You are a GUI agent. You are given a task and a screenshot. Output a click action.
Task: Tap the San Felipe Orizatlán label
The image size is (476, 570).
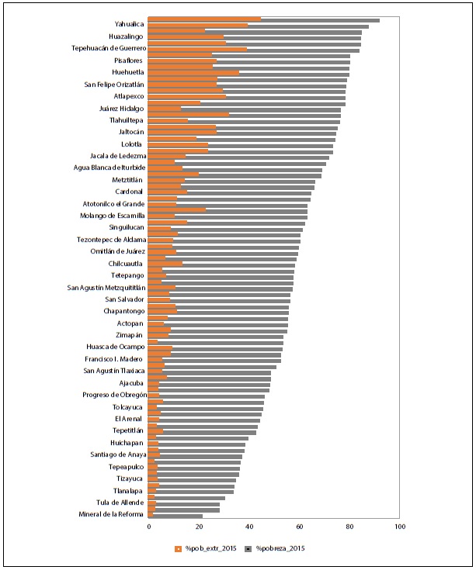click(114, 84)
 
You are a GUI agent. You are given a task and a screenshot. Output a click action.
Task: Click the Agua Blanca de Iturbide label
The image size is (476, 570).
click(109, 168)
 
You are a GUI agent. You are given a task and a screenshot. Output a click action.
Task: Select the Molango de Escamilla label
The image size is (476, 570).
click(113, 215)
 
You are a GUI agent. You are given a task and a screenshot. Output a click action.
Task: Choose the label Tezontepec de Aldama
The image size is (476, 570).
click(112, 240)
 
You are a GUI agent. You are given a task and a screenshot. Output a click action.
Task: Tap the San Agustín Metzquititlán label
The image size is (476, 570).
click(106, 287)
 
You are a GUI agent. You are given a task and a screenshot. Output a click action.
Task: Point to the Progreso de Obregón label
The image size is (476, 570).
click(114, 395)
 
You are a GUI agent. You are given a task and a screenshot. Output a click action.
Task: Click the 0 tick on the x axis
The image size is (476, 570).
click(148, 527)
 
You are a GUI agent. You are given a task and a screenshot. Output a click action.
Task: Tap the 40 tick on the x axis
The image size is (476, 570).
click(249, 527)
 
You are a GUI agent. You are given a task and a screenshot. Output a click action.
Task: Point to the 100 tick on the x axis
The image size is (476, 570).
click(400, 527)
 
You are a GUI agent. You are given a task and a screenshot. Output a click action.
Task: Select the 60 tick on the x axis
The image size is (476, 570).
click(300, 527)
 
